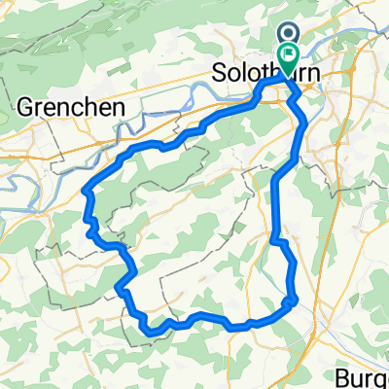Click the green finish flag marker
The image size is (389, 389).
pyautogui.click(x=288, y=57)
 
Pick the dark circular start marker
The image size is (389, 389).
pyautogui.click(x=291, y=32)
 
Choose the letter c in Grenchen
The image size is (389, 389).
pyautogui.click(x=90, y=108)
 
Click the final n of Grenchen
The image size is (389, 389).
pyautogui.click(x=122, y=108)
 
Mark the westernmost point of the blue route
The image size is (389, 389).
pyautogui.click(x=86, y=193)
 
